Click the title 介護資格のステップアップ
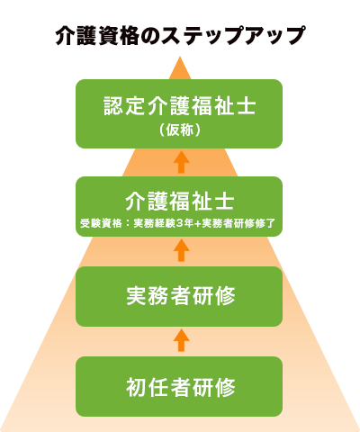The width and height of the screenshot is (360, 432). point(180,35)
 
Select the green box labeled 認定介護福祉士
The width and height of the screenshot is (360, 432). point(179,113)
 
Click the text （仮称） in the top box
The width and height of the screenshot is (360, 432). point(179,130)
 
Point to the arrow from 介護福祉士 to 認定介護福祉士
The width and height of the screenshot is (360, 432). point(181,162)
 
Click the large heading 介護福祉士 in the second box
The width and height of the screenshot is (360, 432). point(179,201)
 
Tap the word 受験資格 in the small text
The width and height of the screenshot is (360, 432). point(101,223)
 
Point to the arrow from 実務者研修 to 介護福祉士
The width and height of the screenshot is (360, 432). point(181,250)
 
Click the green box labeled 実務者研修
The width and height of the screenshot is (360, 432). point(179,296)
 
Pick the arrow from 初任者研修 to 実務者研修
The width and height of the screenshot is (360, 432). point(181,340)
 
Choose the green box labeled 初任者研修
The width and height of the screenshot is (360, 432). point(179,386)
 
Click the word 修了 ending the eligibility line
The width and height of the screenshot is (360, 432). point(265,223)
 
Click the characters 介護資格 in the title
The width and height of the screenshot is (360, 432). point(97,35)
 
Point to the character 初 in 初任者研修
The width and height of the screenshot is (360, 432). point(136,387)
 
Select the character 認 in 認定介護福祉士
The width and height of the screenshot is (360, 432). point(113,105)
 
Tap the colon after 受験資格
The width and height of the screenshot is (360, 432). point(128,224)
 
